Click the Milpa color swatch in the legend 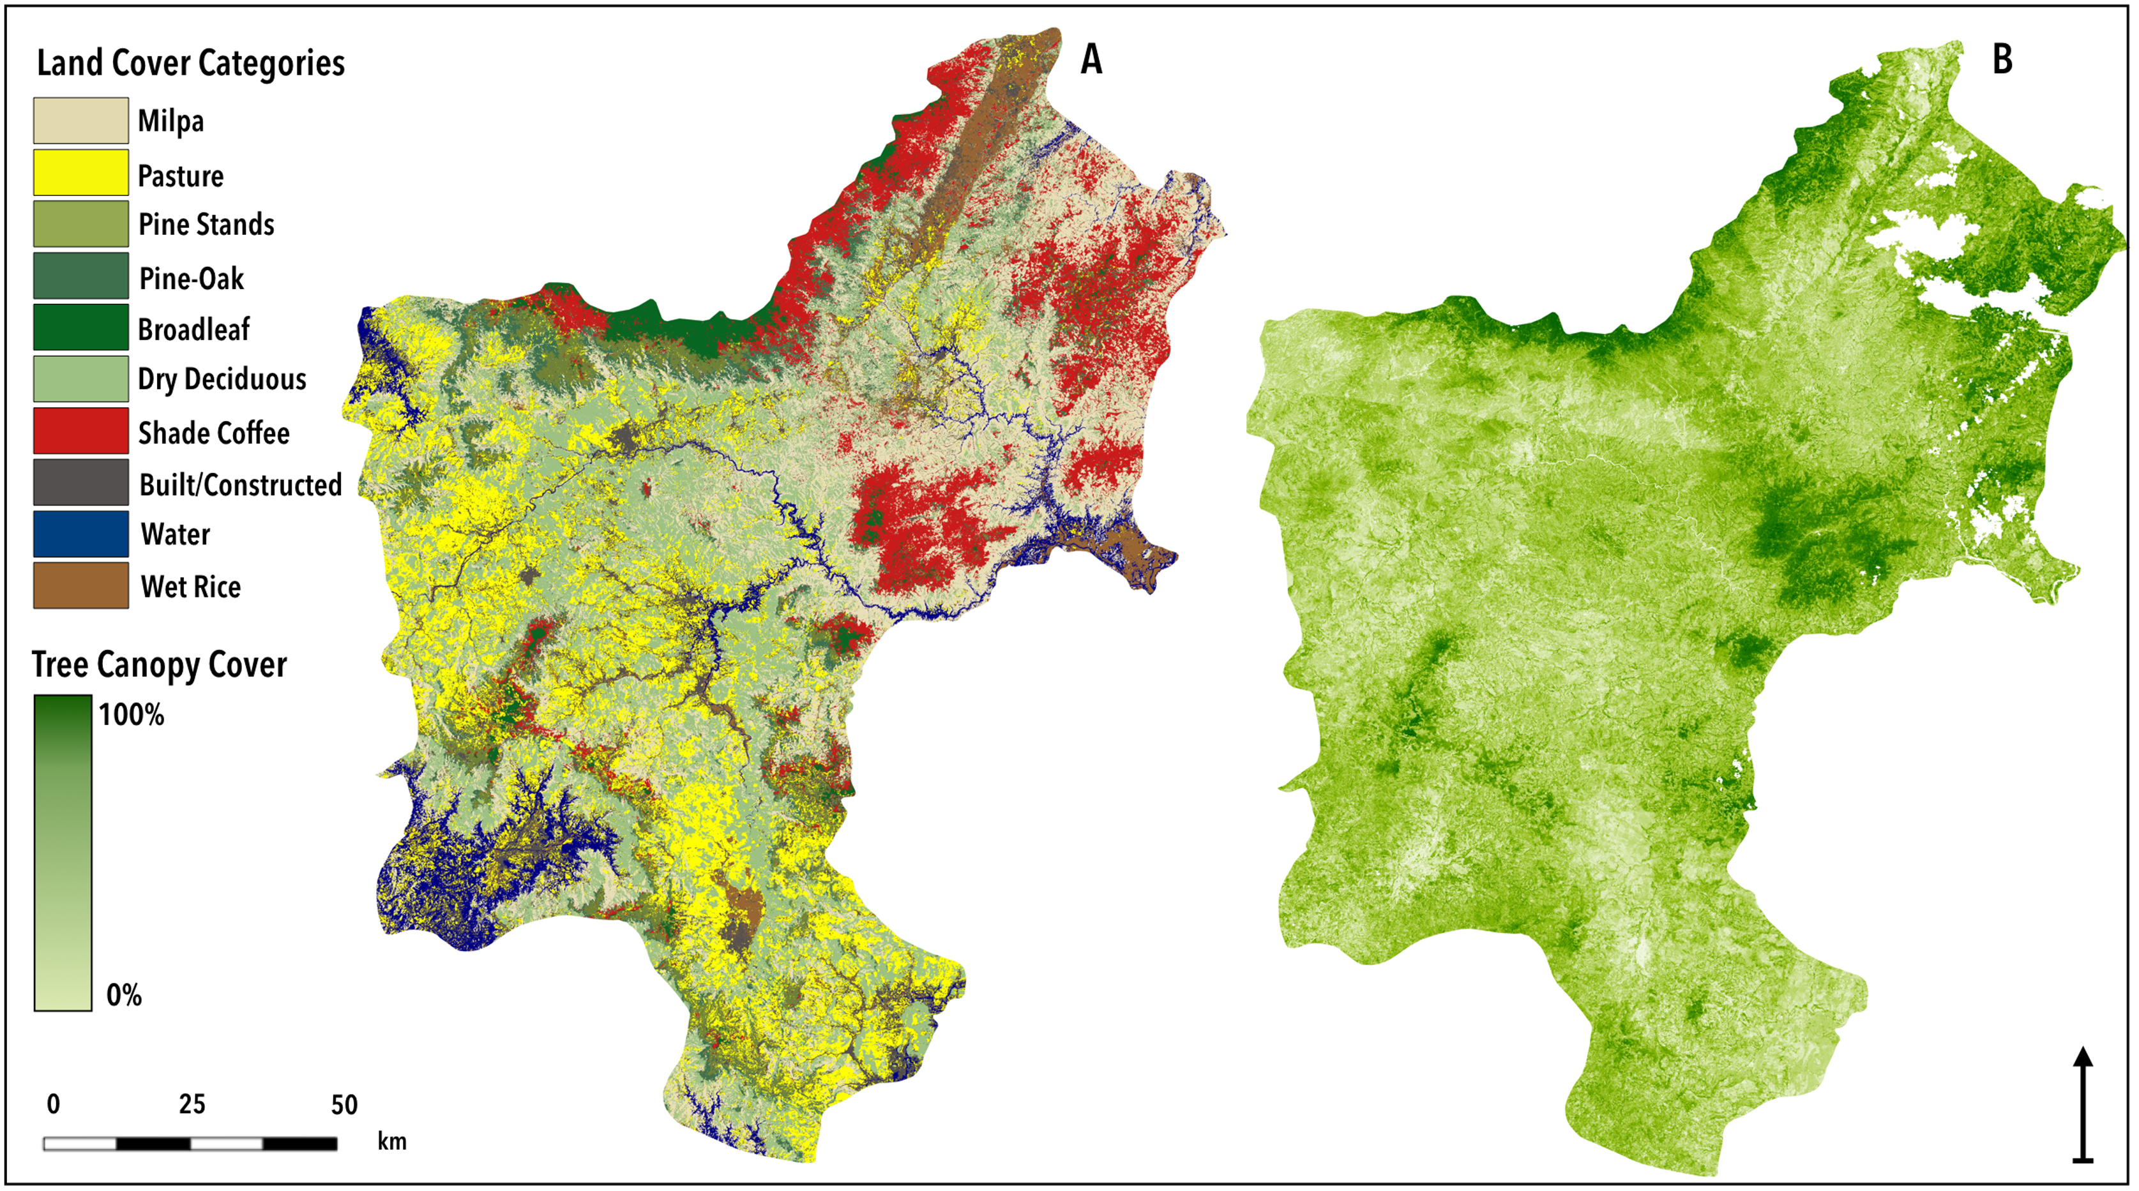pyautogui.click(x=80, y=121)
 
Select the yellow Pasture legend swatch pyautogui.click(x=80, y=172)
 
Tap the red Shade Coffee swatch pyautogui.click(x=80, y=431)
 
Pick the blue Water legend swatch pyautogui.click(x=80, y=534)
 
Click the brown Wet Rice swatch pyautogui.click(x=80, y=585)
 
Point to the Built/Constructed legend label pyautogui.click(x=240, y=484)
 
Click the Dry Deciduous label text pyautogui.click(x=222, y=379)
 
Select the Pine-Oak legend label pyautogui.click(x=191, y=278)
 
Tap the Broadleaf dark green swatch pyautogui.click(x=80, y=327)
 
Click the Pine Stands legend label pyautogui.click(x=206, y=224)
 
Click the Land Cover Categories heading pyautogui.click(x=190, y=63)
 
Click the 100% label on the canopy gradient pyautogui.click(x=131, y=715)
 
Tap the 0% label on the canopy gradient pyautogui.click(x=124, y=994)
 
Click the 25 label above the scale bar pyautogui.click(x=192, y=1104)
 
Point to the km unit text pyautogui.click(x=392, y=1141)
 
